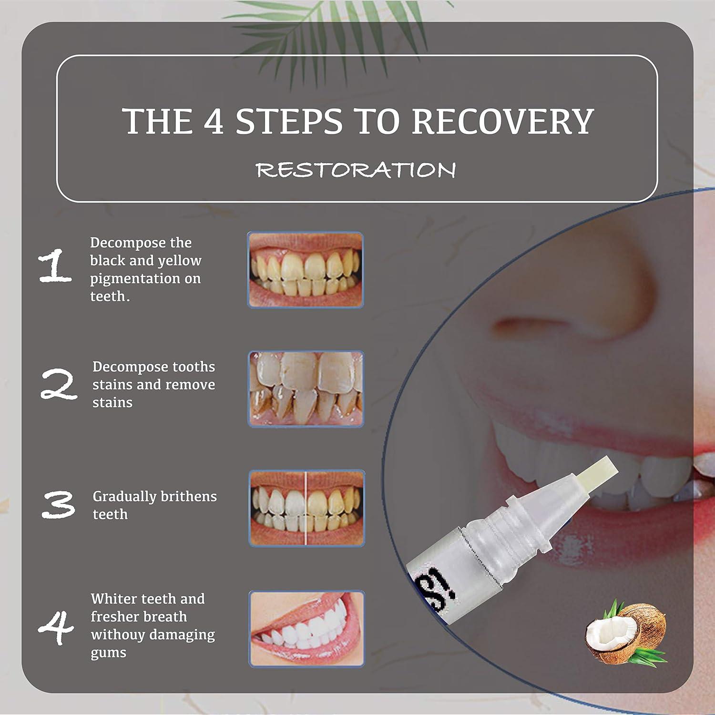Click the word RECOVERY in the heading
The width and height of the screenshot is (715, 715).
pos(502,121)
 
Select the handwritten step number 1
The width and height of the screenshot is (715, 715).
pos(55,266)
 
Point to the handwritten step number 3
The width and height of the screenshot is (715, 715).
pos(58,505)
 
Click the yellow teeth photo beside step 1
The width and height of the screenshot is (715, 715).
pos(306,270)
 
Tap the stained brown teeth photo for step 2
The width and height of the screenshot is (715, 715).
pos(306,388)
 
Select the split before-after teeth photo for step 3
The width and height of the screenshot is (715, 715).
pos(306,508)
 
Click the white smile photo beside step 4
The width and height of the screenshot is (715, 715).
pos(306,628)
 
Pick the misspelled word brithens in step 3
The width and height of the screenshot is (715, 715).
pos(188,497)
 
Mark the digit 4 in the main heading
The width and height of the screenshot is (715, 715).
pos(214,121)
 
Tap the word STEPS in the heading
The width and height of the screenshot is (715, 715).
pos(289,121)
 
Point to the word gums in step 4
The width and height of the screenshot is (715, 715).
pos(108,653)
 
